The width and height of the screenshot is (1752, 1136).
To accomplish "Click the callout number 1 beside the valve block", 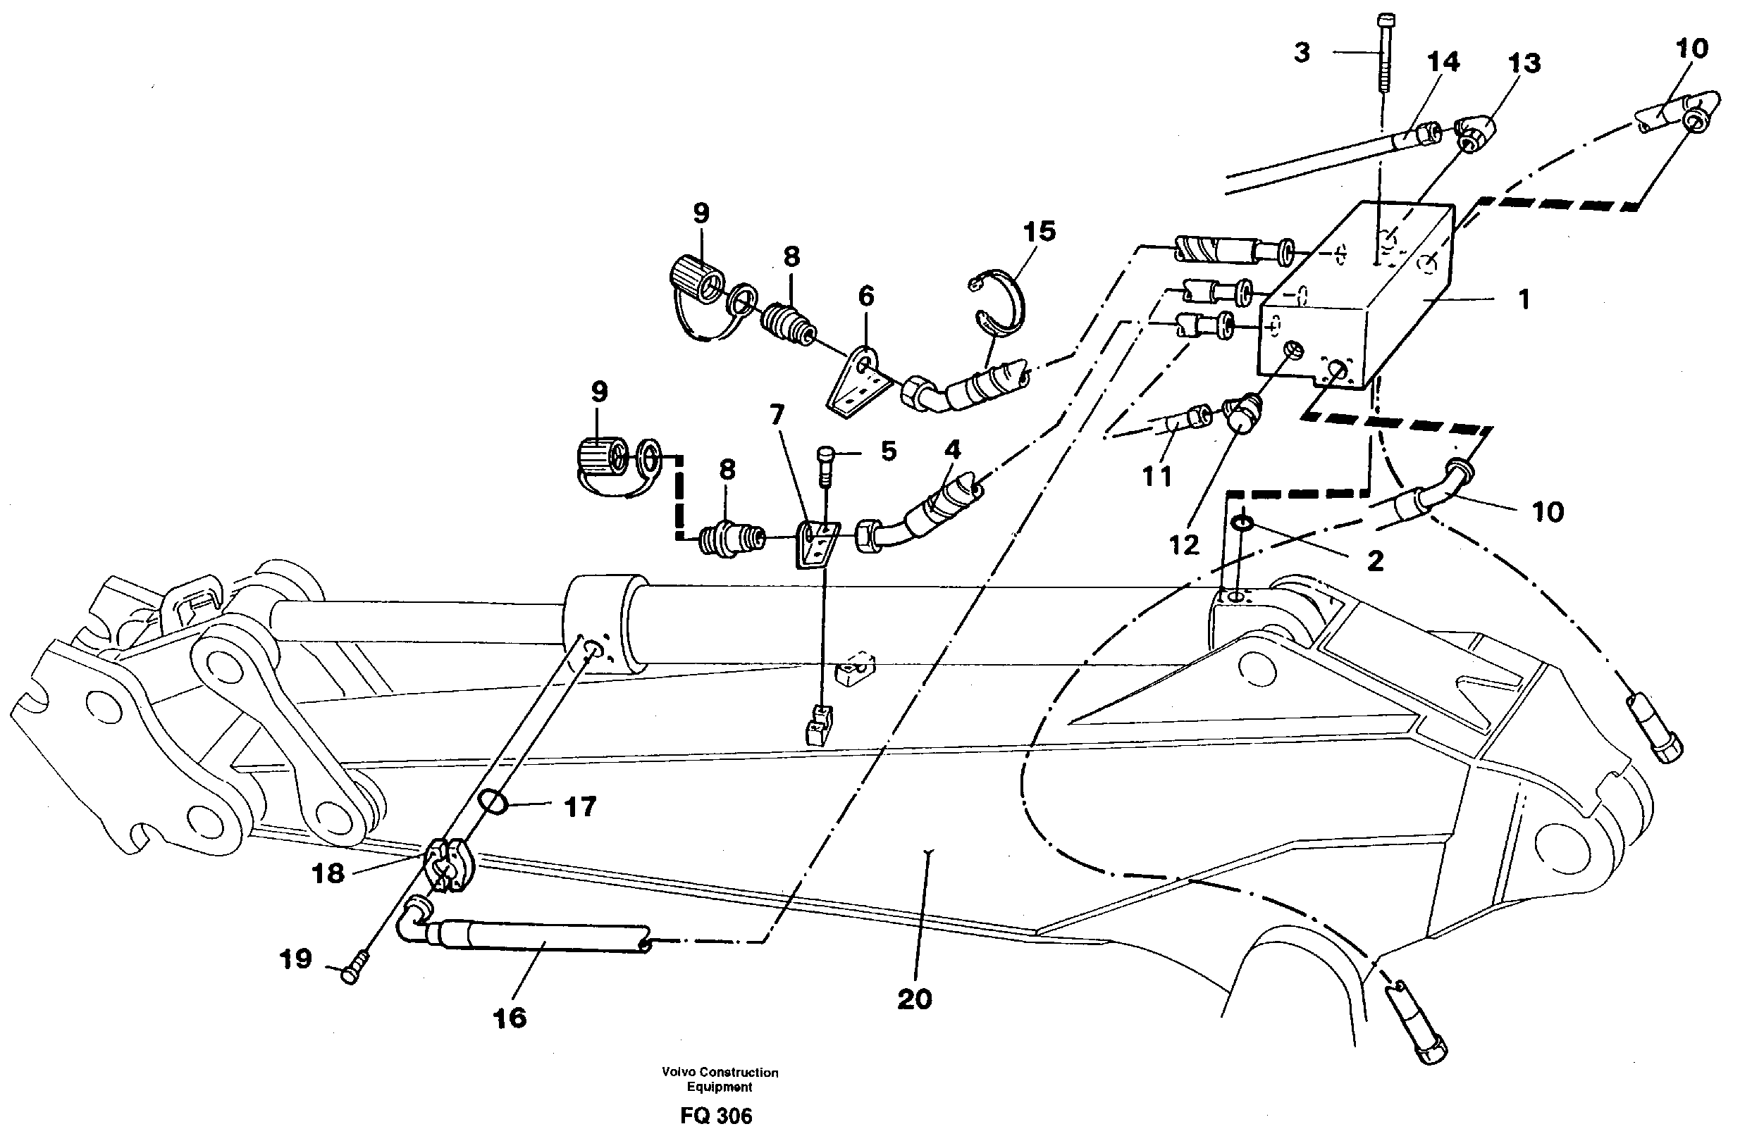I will pos(1524,299).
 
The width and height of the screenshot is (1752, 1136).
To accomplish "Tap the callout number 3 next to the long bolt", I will pos(1302,53).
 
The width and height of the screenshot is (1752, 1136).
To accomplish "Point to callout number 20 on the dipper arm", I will pos(914,999).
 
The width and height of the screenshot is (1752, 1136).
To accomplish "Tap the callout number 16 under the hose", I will pos(510,1018).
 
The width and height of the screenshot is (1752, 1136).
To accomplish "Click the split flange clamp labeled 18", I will pos(447,867).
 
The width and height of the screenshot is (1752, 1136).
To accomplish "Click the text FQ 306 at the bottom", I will pos(715,1117).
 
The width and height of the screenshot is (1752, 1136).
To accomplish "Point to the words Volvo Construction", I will pos(720,1073).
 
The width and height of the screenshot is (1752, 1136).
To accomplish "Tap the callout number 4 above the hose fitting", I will pos(953,449).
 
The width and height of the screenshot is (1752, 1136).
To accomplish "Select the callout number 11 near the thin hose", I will pos(1156,477).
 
